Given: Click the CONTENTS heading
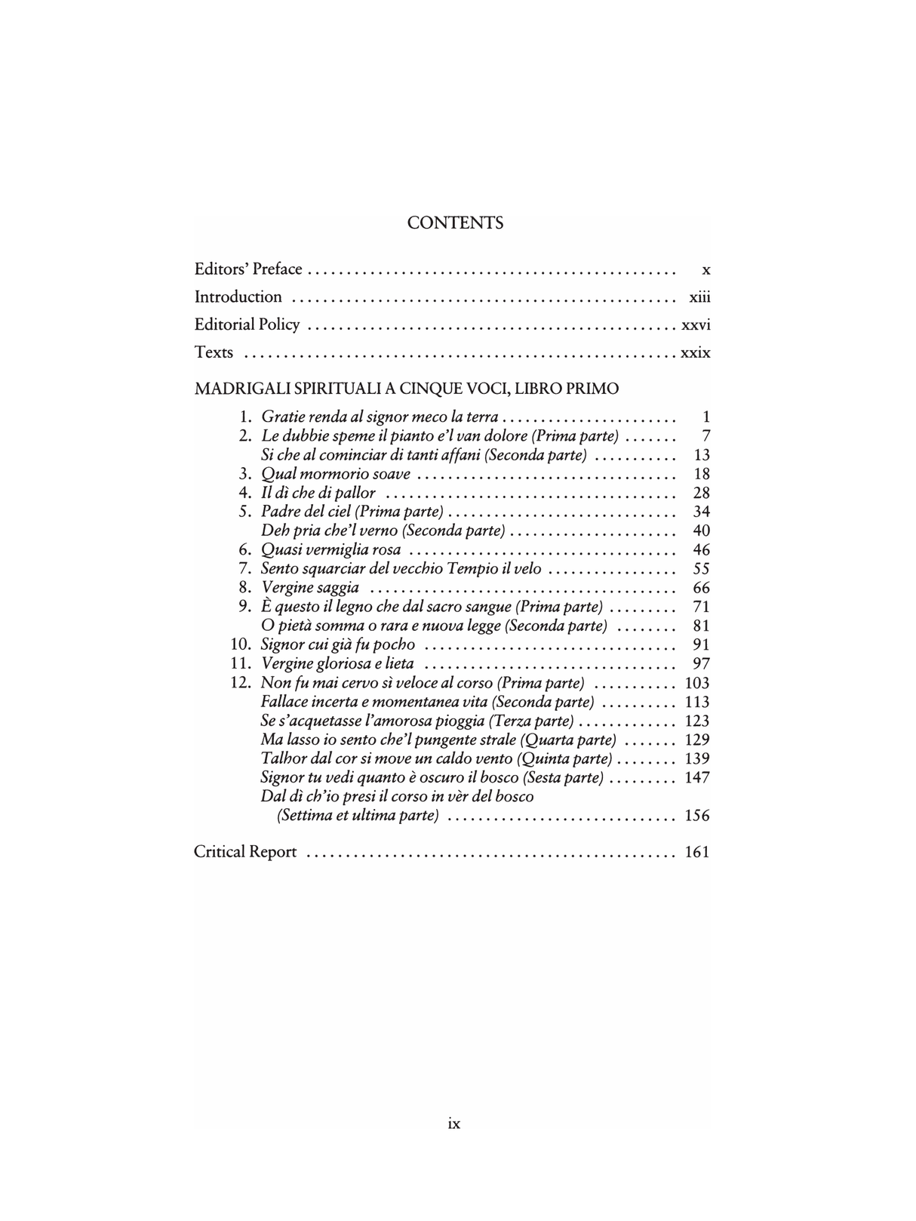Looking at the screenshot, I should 454,223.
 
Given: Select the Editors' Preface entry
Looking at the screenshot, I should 248,269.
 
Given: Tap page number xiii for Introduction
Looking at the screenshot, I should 699,297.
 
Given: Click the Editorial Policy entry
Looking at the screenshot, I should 247,324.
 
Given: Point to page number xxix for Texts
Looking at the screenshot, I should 695,352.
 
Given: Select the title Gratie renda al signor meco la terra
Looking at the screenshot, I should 380,417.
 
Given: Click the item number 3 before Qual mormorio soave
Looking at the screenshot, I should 244,474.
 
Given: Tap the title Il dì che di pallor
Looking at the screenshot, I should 318,493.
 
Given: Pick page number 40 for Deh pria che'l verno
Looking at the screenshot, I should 701,531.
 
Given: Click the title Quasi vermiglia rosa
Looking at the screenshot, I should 330,549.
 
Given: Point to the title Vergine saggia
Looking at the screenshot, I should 310,587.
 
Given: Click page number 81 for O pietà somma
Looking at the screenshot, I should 701,626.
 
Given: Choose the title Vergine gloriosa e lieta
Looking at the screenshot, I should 337,663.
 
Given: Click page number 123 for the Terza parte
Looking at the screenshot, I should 696,721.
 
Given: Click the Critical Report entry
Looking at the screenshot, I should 245,852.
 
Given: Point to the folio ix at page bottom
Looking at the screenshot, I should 453,1123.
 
